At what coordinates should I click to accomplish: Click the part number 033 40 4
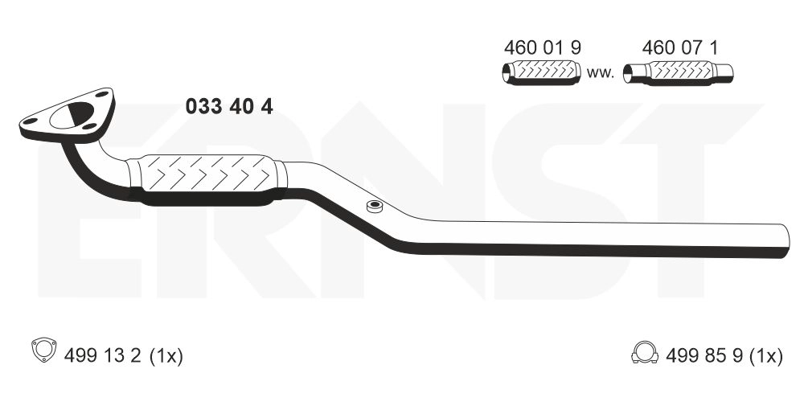(x=229, y=107)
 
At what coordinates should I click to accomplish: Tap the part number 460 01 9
(x=543, y=47)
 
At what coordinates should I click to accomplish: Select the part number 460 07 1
(x=680, y=47)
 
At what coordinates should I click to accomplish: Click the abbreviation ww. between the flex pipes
(x=601, y=73)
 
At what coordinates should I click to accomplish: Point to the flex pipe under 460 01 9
(x=541, y=72)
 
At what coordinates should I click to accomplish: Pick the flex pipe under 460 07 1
(x=678, y=73)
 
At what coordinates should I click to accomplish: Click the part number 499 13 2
(x=103, y=355)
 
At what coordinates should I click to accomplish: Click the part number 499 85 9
(x=704, y=355)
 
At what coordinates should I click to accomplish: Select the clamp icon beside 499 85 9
(x=645, y=352)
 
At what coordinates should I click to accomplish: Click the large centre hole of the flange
(x=72, y=115)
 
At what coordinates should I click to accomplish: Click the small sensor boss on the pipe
(x=375, y=207)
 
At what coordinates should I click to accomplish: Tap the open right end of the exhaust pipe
(x=785, y=241)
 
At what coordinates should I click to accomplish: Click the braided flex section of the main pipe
(x=207, y=179)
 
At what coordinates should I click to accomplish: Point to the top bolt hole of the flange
(x=101, y=94)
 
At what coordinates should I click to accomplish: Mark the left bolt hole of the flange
(x=31, y=121)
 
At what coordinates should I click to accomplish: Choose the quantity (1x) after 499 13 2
(x=166, y=356)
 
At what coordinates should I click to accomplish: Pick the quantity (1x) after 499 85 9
(x=766, y=356)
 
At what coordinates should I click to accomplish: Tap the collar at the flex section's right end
(x=280, y=178)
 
